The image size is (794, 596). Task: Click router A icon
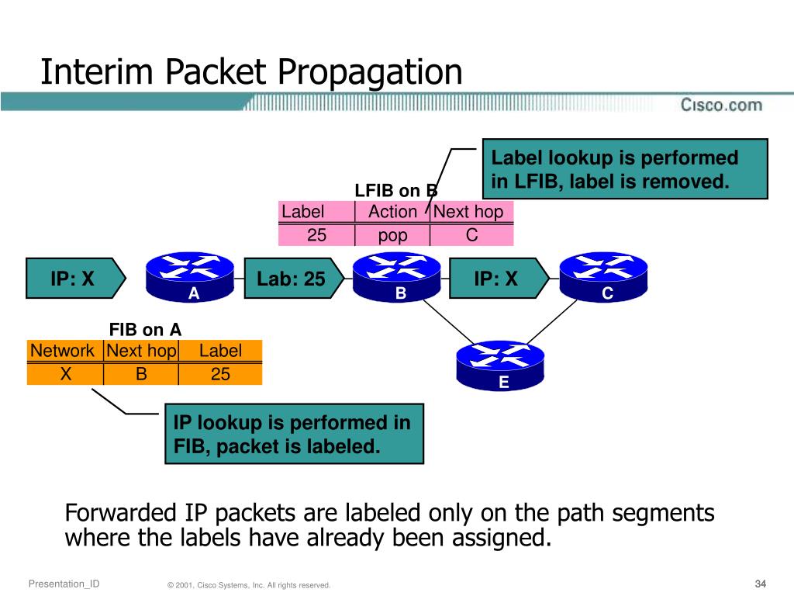coord(190,277)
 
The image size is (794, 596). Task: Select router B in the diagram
coord(396,277)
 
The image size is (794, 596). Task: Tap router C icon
coord(603,277)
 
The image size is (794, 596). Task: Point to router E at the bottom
coord(500,366)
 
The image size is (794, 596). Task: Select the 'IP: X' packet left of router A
coord(76,279)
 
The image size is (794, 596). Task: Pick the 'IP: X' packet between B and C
coord(499,279)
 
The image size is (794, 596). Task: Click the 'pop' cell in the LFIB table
coord(392,235)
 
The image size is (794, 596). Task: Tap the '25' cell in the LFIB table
coord(316,235)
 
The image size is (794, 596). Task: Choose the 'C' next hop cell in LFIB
coord(471,235)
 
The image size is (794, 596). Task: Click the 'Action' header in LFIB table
coord(392,211)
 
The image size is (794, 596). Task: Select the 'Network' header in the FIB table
coord(62,350)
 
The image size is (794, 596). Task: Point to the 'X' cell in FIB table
coord(65,374)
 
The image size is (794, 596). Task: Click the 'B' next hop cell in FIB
coord(141,374)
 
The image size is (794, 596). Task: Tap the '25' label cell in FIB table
coord(220,374)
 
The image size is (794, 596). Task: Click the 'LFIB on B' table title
coord(396,191)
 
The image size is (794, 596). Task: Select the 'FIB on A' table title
coord(145,329)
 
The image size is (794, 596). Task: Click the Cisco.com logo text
coord(721,105)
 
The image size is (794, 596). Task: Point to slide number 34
coord(760,584)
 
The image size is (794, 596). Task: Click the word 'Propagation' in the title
coord(370,72)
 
